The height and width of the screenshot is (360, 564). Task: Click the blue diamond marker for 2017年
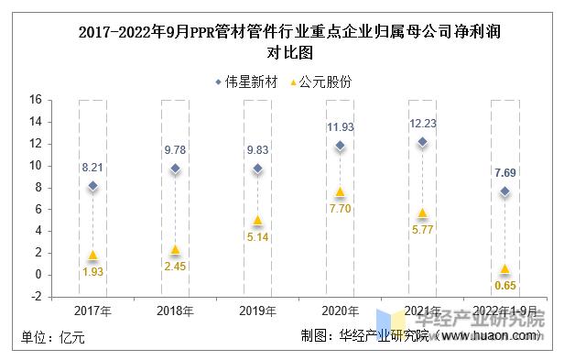[x=92, y=186]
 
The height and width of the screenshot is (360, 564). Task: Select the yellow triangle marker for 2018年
[x=175, y=250]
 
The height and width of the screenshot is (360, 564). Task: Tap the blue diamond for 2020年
[x=340, y=146]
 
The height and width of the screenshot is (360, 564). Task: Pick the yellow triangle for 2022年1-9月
[x=504, y=269]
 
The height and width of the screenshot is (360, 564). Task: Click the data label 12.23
[x=422, y=124]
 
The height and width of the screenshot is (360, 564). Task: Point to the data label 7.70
[x=340, y=211]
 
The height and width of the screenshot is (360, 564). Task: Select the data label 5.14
[x=257, y=238]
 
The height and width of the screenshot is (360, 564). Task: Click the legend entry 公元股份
[x=320, y=82]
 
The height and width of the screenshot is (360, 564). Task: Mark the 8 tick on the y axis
[x=38, y=187]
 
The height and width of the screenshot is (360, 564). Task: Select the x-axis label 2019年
[x=257, y=311]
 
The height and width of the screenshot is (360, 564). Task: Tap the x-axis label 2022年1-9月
[x=504, y=311]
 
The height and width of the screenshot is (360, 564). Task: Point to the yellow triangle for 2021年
[x=422, y=213]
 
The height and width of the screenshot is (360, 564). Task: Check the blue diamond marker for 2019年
[x=257, y=169]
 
